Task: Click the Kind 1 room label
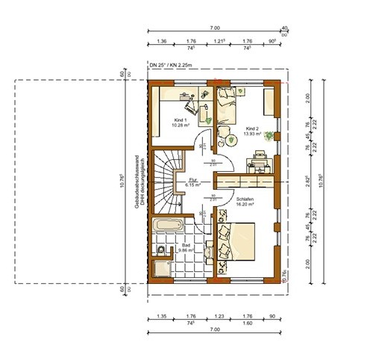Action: coord(180,120)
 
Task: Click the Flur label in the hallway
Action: coord(192,180)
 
